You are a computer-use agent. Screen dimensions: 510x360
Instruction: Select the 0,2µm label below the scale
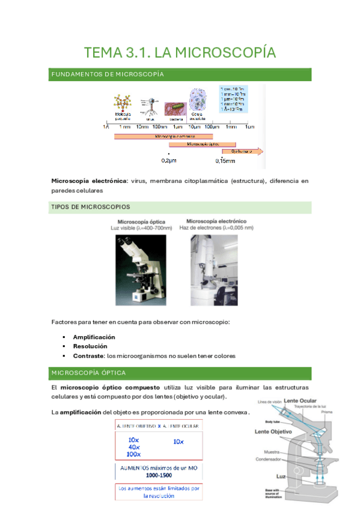click(x=169, y=161)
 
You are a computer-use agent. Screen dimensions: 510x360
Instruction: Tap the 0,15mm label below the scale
click(x=225, y=161)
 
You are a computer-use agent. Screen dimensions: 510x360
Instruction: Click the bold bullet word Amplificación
click(x=94, y=337)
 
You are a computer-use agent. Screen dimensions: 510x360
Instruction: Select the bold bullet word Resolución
click(x=90, y=346)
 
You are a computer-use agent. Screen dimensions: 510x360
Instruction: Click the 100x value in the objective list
click(x=134, y=454)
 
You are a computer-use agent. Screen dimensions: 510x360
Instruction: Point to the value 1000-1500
click(x=158, y=474)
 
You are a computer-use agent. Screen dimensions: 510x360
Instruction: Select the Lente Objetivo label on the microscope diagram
click(x=273, y=432)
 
